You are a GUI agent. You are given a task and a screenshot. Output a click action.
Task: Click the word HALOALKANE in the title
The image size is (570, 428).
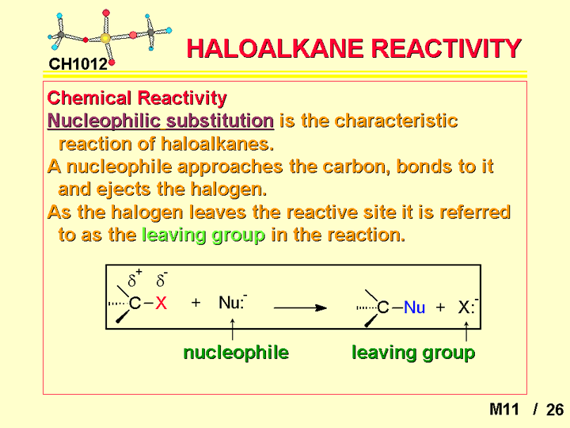point(275,48)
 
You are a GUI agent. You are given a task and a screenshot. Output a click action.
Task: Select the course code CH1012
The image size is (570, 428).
point(78,64)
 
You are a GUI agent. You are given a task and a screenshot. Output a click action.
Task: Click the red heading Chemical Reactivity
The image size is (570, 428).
point(137,98)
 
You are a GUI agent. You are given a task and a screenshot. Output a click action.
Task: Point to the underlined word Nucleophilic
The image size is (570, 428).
point(104,120)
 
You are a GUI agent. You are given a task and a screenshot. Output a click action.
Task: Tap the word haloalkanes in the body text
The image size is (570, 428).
point(218,143)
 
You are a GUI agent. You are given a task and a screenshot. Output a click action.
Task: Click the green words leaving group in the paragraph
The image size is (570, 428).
point(203,235)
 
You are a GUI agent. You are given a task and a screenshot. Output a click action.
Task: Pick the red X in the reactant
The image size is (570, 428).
point(161,303)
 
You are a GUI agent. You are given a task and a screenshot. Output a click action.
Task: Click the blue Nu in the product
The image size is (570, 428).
point(414,308)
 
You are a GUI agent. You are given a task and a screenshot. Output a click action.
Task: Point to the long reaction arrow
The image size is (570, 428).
point(300,308)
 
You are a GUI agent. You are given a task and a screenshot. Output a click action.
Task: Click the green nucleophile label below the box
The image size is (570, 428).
point(236,352)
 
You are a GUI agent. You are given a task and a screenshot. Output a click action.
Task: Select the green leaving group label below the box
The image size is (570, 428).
point(413,353)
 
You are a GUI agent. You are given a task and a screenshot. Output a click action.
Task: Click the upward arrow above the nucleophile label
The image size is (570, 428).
point(232,330)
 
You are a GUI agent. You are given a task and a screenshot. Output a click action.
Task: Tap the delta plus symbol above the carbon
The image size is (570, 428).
point(135,278)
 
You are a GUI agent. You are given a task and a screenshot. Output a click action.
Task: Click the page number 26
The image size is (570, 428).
point(555,410)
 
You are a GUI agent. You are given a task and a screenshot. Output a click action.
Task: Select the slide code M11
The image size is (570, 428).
point(503,410)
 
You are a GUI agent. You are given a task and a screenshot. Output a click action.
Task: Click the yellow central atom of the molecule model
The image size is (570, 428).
point(105,38)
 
